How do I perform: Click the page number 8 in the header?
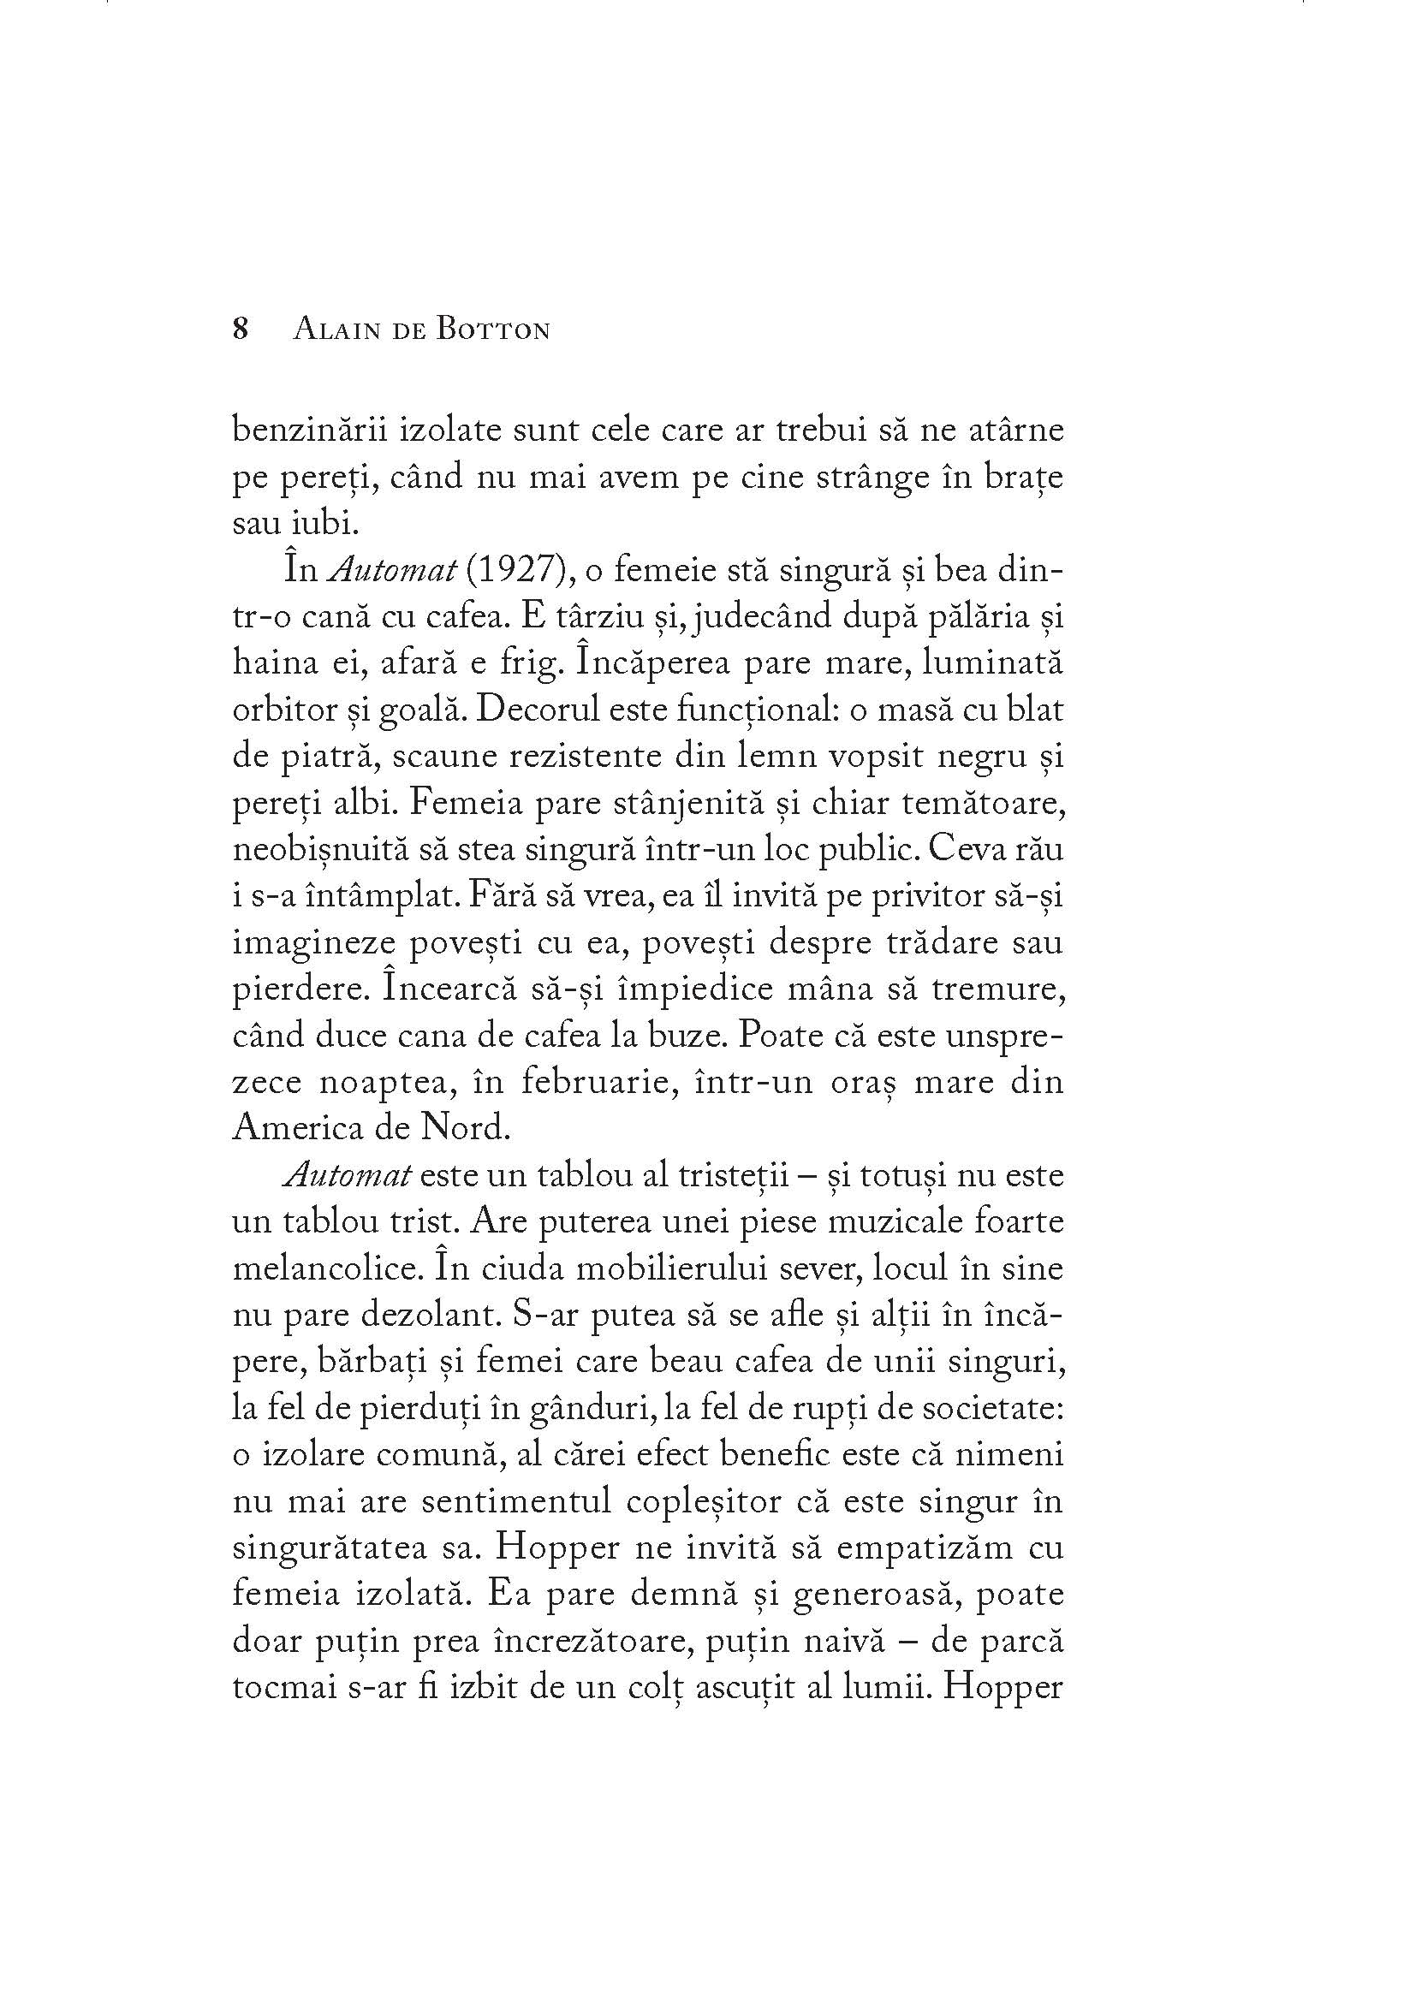click(x=241, y=330)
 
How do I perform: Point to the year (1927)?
click(x=513, y=571)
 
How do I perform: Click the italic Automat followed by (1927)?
click(x=391, y=571)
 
